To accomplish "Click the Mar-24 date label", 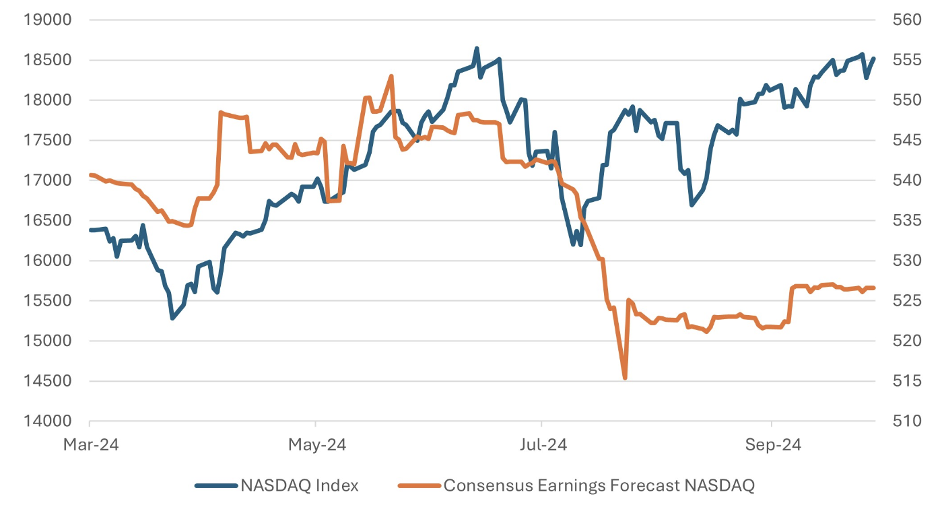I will [90, 445].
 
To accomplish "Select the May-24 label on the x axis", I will [316, 445].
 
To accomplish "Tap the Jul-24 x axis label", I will [542, 445].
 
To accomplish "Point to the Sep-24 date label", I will [772, 445].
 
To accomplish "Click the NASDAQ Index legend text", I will [300, 485].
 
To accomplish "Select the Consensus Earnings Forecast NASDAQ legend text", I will [599, 485].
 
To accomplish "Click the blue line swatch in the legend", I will [216, 485].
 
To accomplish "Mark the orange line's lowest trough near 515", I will [625, 378].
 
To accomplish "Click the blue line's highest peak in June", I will [477, 48].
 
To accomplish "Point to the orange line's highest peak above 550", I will [391, 76].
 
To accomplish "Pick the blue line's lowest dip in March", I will [172, 318].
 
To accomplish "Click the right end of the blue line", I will [874, 59].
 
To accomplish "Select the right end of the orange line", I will [874, 288].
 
